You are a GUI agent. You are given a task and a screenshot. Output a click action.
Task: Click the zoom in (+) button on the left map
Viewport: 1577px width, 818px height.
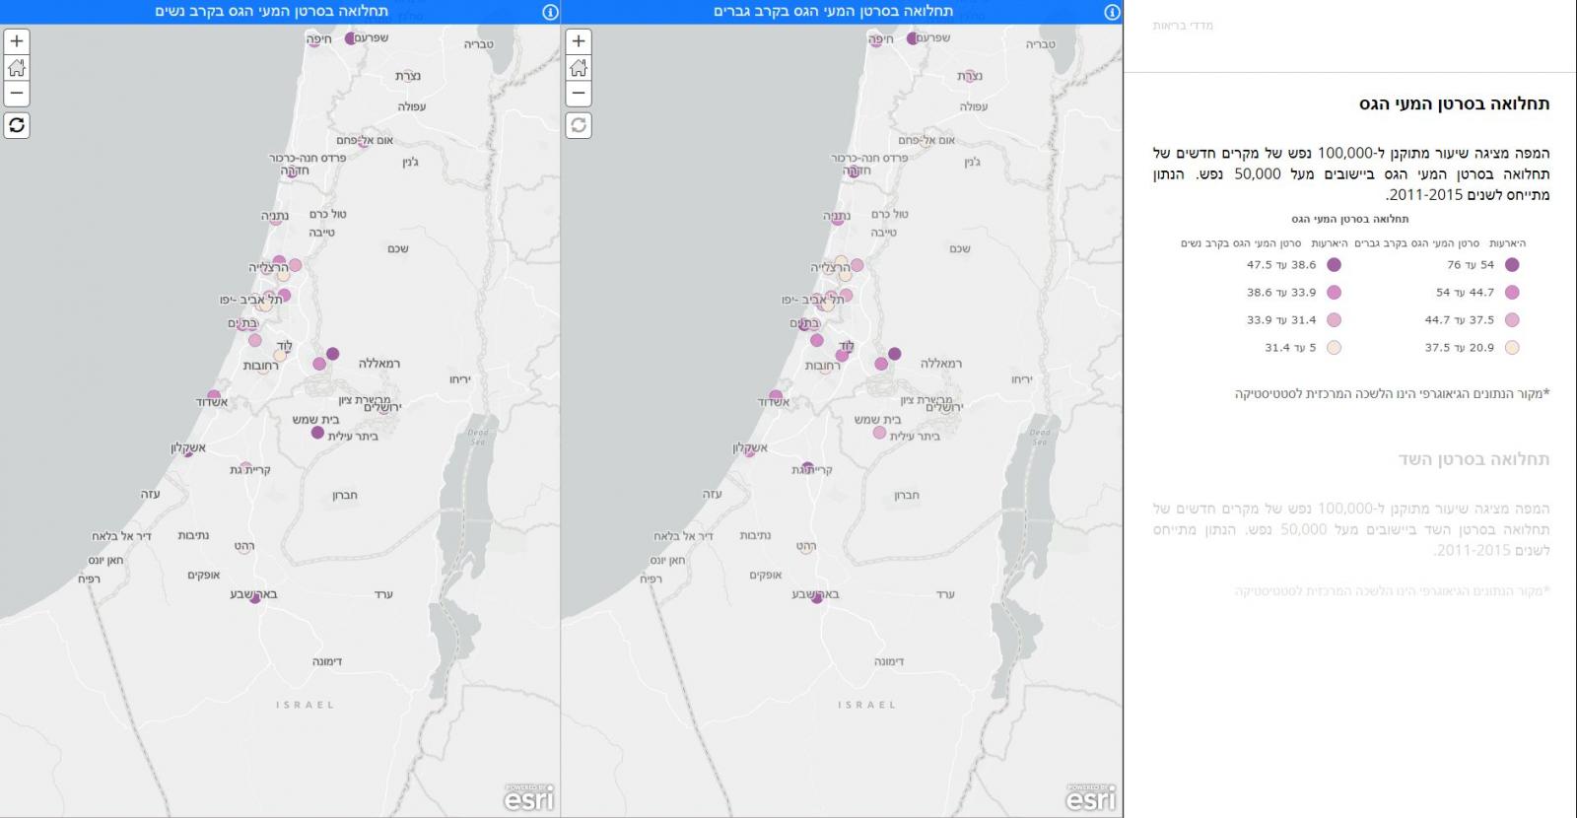17,41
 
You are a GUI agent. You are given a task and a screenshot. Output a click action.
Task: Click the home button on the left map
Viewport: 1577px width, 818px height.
17,68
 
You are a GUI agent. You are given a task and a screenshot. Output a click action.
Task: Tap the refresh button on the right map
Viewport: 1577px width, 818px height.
579,125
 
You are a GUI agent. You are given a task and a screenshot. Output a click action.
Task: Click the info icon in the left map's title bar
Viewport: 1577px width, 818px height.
550,12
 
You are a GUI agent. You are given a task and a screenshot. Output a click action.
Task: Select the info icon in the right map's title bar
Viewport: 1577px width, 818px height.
1112,12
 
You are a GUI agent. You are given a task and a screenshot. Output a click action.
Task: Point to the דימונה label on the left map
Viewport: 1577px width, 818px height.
326,661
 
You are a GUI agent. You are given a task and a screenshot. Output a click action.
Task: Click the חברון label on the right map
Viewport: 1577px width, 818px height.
907,495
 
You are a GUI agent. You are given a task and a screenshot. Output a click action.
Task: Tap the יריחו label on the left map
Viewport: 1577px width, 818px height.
460,378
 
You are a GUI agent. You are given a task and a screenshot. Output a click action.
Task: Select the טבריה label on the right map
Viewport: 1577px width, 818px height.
1040,44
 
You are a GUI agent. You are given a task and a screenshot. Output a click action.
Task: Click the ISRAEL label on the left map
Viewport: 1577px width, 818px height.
305,705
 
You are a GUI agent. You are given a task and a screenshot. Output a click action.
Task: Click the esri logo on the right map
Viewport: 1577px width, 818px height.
1091,797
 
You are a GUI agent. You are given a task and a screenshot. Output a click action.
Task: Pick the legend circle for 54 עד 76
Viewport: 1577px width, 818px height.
1512,265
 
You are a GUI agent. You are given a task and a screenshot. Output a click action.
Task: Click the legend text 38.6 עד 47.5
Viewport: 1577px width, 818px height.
1281,265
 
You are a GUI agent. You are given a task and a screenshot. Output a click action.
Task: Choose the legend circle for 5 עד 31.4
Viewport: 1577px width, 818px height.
1335,348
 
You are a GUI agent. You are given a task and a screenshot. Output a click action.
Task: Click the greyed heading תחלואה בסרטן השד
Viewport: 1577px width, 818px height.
1474,459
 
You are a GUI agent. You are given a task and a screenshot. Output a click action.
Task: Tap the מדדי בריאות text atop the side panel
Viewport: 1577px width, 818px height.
1183,26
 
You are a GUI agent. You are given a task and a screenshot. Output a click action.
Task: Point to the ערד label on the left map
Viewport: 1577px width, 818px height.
383,594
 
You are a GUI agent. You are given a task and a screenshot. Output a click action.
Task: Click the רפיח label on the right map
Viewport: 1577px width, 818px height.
651,579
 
